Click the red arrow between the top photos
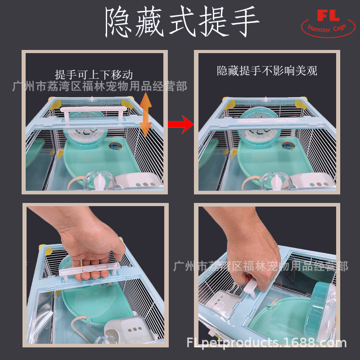(180, 124)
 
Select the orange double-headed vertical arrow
(145, 115)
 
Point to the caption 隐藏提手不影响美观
(267, 71)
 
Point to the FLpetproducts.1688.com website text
(266, 343)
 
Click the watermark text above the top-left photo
(99, 86)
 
